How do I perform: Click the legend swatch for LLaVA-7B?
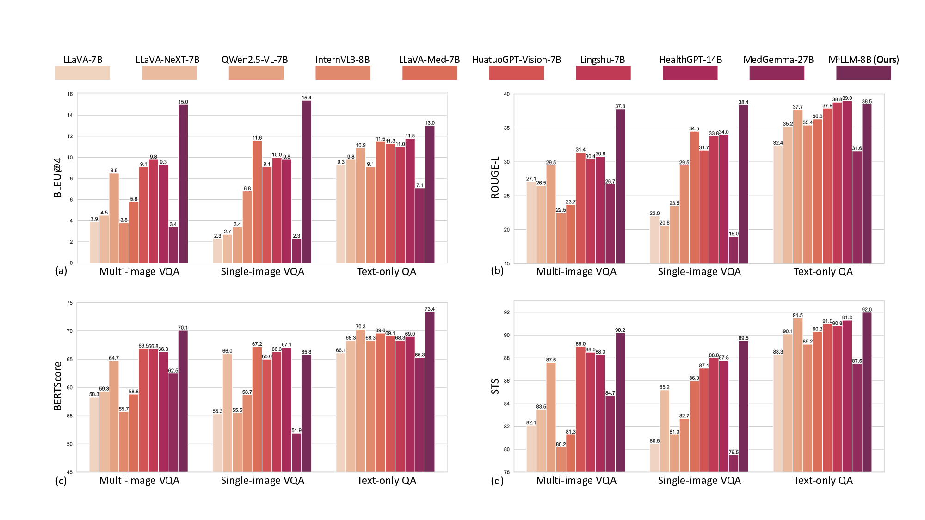(x=82, y=73)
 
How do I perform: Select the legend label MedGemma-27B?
(x=778, y=60)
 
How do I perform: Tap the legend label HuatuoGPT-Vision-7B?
(x=516, y=60)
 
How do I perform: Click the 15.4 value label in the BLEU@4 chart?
(x=306, y=98)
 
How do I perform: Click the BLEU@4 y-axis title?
(x=58, y=177)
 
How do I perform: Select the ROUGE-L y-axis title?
(x=495, y=177)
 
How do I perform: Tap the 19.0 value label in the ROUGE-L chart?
(x=734, y=234)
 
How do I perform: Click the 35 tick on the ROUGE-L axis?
(x=506, y=128)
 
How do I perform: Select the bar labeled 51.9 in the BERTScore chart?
(x=296, y=453)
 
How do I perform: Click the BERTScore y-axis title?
(x=58, y=386)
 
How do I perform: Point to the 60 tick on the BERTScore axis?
(x=70, y=387)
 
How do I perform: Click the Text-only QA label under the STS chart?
(x=823, y=480)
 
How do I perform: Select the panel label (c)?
(x=61, y=481)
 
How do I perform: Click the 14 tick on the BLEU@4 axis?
(x=70, y=115)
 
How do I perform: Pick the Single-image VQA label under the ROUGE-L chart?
(x=699, y=272)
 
